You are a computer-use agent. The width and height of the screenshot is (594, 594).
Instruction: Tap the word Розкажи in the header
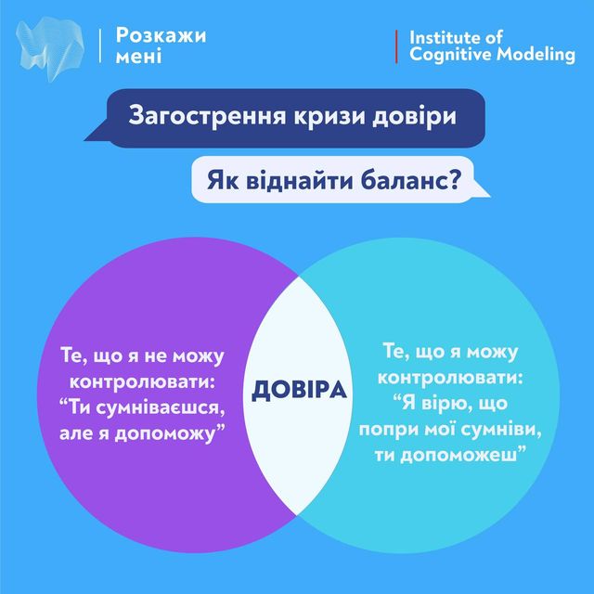tap(161, 36)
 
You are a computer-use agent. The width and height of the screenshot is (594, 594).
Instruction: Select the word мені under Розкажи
tap(138, 58)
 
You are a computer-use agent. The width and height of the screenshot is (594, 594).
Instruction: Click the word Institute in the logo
tap(443, 38)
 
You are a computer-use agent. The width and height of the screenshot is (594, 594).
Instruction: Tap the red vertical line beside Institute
tap(396, 46)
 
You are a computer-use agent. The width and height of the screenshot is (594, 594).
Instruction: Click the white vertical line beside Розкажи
tap(99, 46)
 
